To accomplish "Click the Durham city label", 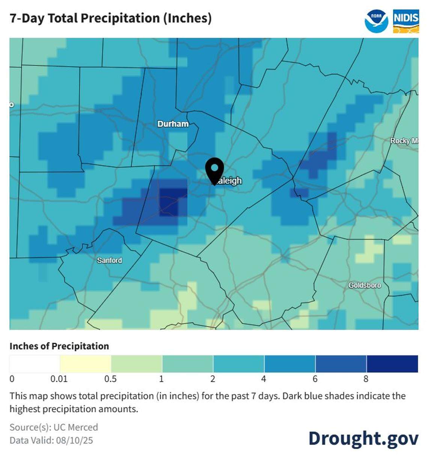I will [x=173, y=124].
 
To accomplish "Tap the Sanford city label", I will [x=109, y=260].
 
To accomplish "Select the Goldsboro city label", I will [x=364, y=285].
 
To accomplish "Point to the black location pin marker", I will [x=214, y=170].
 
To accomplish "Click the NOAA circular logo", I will [x=376, y=21].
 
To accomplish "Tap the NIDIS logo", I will [x=406, y=21].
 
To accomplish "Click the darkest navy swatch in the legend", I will [x=392, y=364].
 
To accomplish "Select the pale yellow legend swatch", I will [x=86, y=364].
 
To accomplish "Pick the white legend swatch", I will [x=35, y=364].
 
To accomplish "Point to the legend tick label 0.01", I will [x=59, y=379].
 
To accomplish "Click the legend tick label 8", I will [x=366, y=379].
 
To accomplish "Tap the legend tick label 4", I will [x=264, y=379].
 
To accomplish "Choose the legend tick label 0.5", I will [x=110, y=379].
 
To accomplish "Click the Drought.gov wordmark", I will [x=363, y=438].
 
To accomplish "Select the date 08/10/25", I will [x=74, y=440].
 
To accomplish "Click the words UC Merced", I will [x=75, y=427].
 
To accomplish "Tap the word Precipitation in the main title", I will [x=120, y=18].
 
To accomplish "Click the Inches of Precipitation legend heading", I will [x=59, y=346].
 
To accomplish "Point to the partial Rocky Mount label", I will [x=404, y=141].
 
